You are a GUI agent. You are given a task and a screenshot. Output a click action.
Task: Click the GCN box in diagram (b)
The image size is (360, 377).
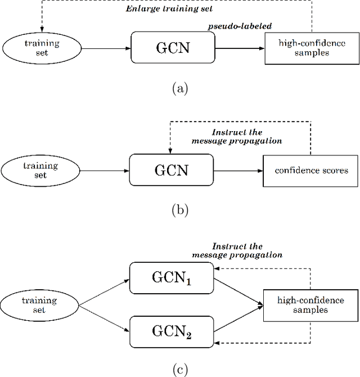pyautogui.click(x=171, y=169)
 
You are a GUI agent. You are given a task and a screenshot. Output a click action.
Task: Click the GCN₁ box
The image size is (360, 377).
pyautogui.click(x=171, y=278)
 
